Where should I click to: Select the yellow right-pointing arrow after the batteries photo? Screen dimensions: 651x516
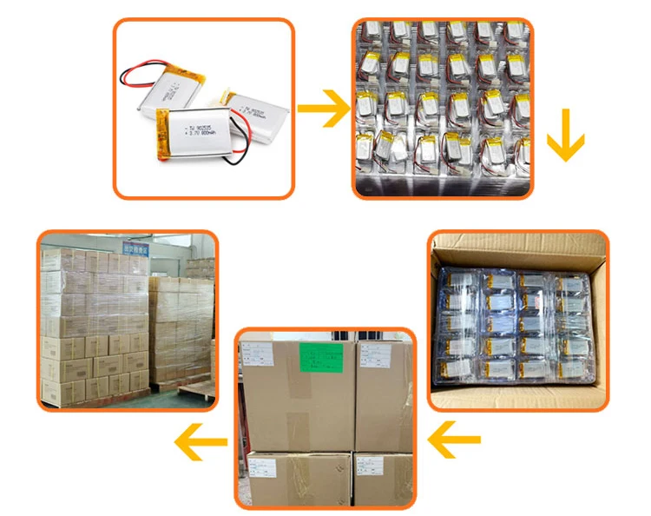(x=323, y=109)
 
